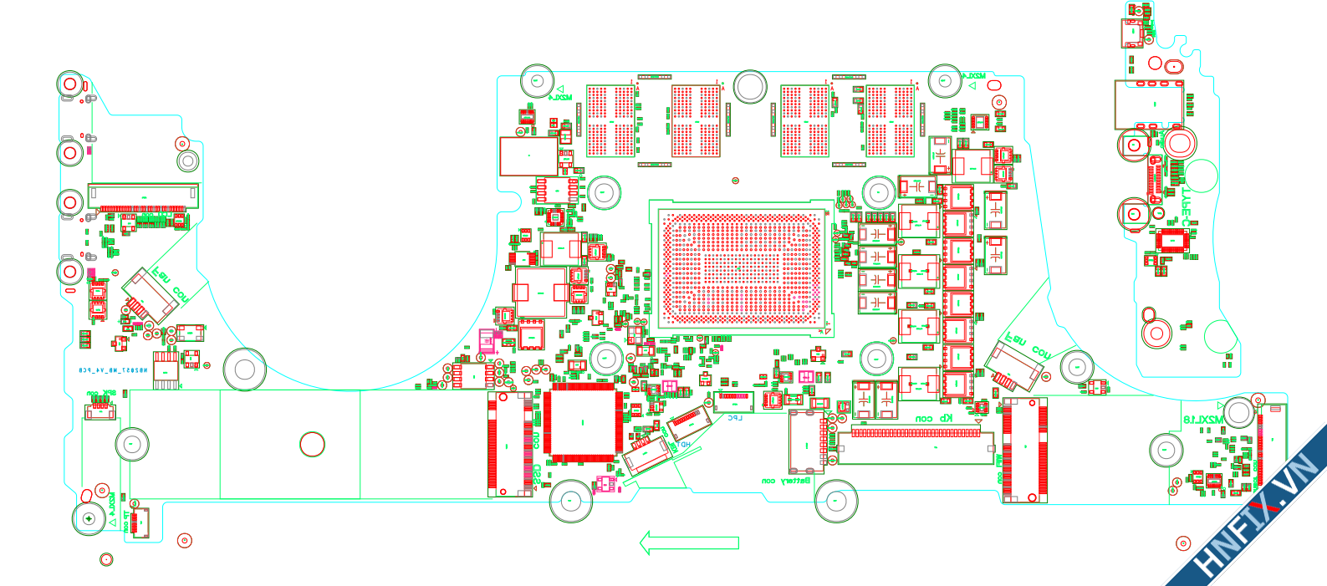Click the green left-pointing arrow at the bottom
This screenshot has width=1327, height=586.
pyautogui.click(x=689, y=543)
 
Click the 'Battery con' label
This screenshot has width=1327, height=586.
pyautogui.click(x=786, y=481)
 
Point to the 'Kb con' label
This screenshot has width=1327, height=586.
pyautogui.click(x=934, y=418)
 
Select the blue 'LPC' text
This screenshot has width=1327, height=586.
pyautogui.click(x=734, y=417)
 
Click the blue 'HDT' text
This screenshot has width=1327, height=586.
pyautogui.click(x=685, y=445)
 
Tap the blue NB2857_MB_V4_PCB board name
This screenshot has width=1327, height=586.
pyautogui.click(x=113, y=369)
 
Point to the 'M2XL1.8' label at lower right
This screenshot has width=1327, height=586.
pyautogui.click(x=1203, y=418)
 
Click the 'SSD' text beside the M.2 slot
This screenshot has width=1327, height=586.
pyautogui.click(x=536, y=475)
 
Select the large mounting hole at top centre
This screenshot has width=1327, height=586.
pyautogui.click(x=750, y=87)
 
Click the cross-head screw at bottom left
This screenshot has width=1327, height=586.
pyautogui.click(x=89, y=519)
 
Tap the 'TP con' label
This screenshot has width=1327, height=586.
pyautogui.click(x=126, y=522)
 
